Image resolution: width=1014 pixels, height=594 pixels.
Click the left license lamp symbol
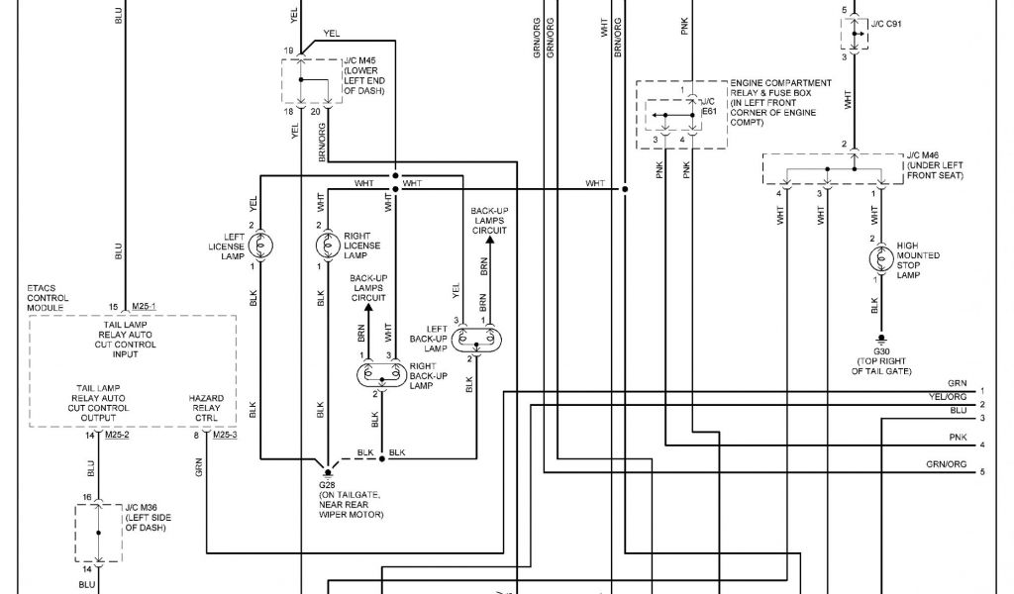(x=265, y=246)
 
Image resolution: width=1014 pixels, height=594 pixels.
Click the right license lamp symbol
(x=327, y=246)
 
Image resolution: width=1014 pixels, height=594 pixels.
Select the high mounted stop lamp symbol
(x=875, y=258)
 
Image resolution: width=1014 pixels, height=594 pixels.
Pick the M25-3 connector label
(x=226, y=435)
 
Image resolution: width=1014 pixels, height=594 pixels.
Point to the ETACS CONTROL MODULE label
(x=48, y=297)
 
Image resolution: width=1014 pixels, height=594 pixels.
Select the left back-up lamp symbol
(x=478, y=339)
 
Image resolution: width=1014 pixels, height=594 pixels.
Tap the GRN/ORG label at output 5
(x=946, y=464)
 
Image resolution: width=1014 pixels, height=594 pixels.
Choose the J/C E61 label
(x=707, y=107)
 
